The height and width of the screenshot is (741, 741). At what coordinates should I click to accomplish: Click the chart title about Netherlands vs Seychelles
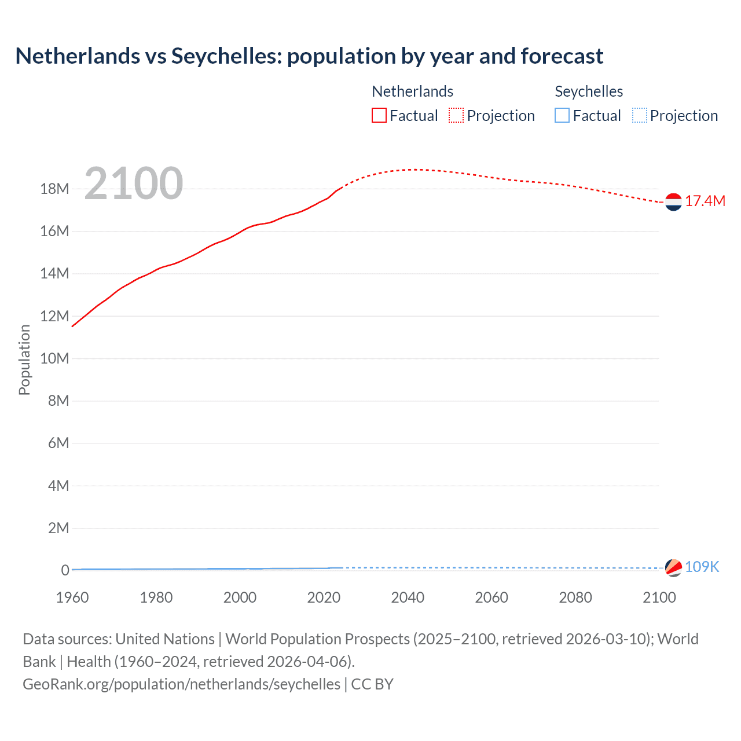[309, 56]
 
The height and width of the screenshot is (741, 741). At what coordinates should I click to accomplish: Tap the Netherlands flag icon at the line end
[673, 202]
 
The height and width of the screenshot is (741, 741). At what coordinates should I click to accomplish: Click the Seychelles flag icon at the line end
[673, 568]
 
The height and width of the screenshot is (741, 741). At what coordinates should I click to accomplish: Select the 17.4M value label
[705, 201]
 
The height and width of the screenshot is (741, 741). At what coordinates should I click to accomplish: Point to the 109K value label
[702, 567]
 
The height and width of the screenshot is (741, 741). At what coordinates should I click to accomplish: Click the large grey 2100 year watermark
[134, 184]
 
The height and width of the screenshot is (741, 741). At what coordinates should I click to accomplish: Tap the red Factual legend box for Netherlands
[379, 116]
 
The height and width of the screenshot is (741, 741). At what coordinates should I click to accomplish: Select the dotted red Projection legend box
[456, 116]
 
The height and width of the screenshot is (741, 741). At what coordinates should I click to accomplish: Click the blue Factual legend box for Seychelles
[562, 116]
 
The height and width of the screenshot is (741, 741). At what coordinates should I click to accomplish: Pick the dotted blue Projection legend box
[639, 116]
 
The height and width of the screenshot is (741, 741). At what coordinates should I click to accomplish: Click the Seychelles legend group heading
[589, 91]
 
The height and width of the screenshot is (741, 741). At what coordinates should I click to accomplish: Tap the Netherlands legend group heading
[412, 91]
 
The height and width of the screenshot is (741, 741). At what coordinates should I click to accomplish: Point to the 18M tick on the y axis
[54, 189]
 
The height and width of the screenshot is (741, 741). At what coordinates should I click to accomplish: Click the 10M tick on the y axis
[54, 358]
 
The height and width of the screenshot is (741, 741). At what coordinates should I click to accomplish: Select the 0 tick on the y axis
[65, 570]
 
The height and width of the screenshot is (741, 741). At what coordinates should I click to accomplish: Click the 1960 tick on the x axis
[72, 597]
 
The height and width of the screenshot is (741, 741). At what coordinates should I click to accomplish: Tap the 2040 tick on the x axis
[408, 597]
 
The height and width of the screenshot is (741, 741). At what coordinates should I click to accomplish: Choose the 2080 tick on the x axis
[575, 597]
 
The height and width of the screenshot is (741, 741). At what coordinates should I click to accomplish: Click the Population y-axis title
[24, 360]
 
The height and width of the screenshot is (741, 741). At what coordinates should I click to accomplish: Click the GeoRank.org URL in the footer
[181, 684]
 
